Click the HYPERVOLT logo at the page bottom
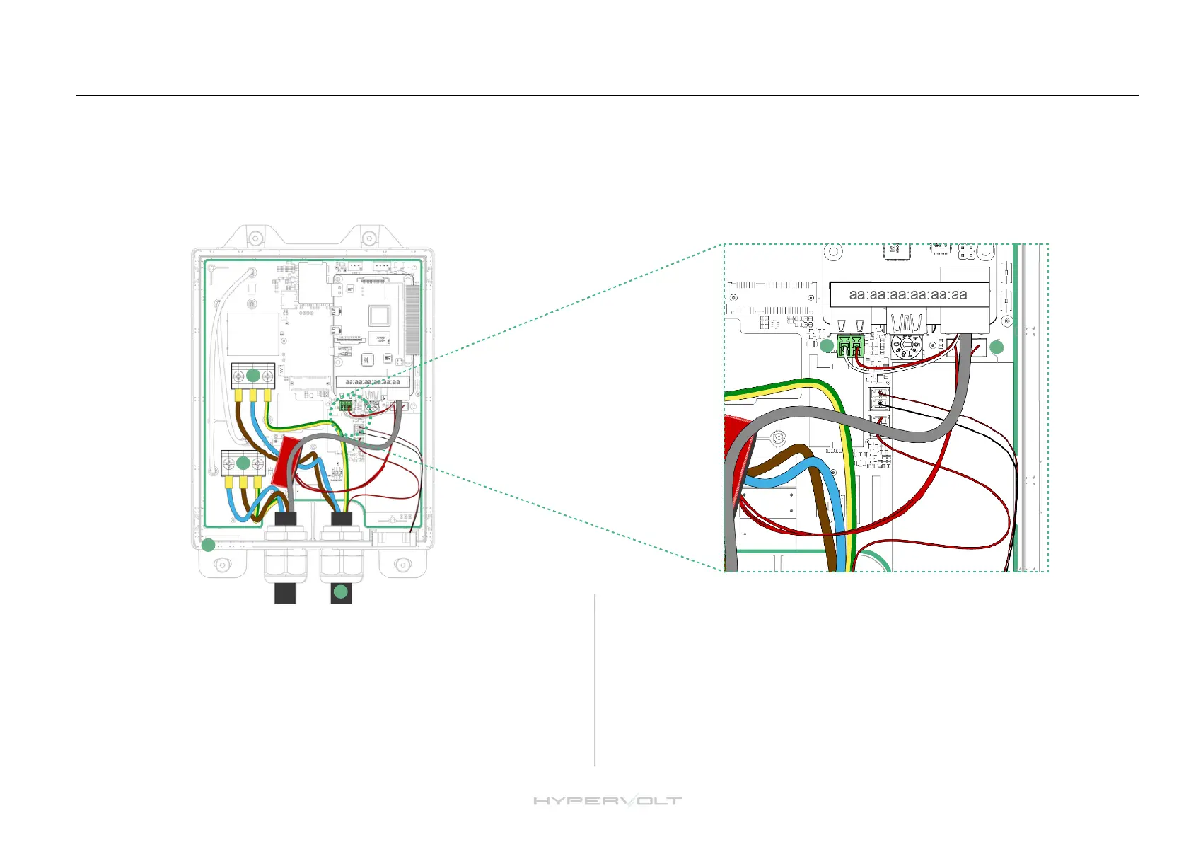607,801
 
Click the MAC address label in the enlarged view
908,294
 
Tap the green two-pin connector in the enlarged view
850,346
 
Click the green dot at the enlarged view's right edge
997,347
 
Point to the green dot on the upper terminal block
252,375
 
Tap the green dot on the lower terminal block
243,463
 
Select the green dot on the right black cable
341,592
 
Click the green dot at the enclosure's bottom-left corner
208,546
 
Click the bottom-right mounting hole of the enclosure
402,565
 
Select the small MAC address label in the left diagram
372,382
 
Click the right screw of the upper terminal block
267,376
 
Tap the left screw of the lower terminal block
228,464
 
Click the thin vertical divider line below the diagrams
595,679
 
